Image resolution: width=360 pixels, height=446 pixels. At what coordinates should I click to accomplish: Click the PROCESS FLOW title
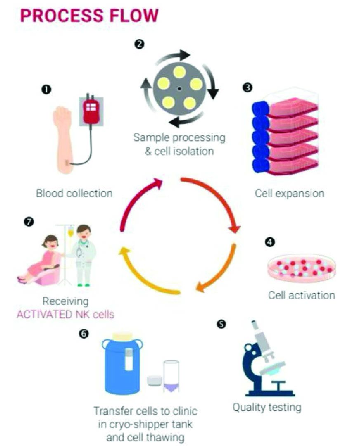89,16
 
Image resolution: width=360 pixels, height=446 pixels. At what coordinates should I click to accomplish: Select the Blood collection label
74,193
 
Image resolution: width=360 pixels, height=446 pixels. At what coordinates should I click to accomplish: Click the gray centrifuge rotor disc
179,88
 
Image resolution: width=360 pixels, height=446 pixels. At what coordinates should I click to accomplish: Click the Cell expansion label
289,193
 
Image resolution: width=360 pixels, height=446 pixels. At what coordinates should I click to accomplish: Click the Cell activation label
301,295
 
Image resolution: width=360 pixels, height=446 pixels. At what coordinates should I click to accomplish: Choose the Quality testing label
267,408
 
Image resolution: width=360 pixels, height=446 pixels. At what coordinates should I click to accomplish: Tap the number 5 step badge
221,324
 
